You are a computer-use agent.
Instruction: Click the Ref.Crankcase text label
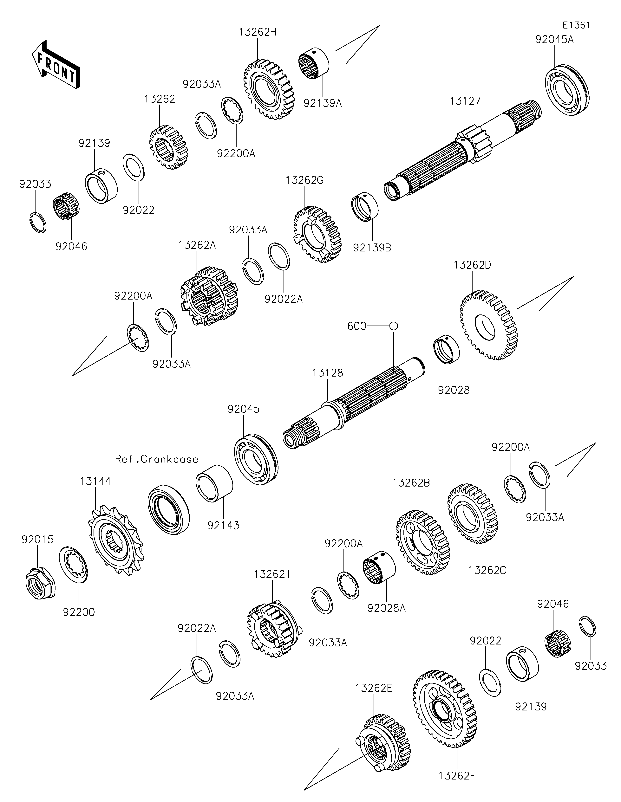coord(157,459)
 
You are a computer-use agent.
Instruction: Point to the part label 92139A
coord(323,103)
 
